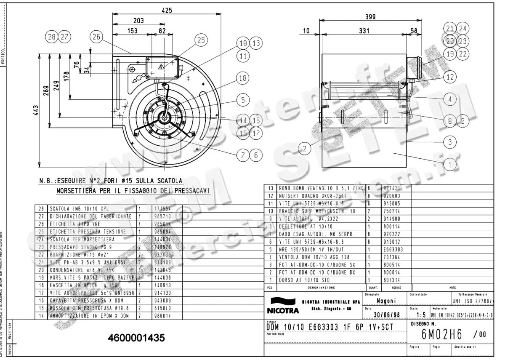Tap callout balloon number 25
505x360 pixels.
pyautogui.click(x=201, y=40)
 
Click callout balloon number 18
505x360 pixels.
pyautogui.click(x=242, y=78)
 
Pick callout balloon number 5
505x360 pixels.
pyautogui.click(x=242, y=100)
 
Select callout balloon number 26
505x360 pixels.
pyautogui.click(x=96, y=37)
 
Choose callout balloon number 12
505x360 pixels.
pyautogui.click(x=450, y=77)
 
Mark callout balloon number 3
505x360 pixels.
pyautogui.click(x=450, y=142)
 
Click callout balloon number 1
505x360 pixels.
pyautogui.click(x=450, y=165)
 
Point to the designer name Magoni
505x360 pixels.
pyautogui.click(x=385, y=301)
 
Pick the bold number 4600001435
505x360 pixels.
pyautogui.click(x=136, y=338)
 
